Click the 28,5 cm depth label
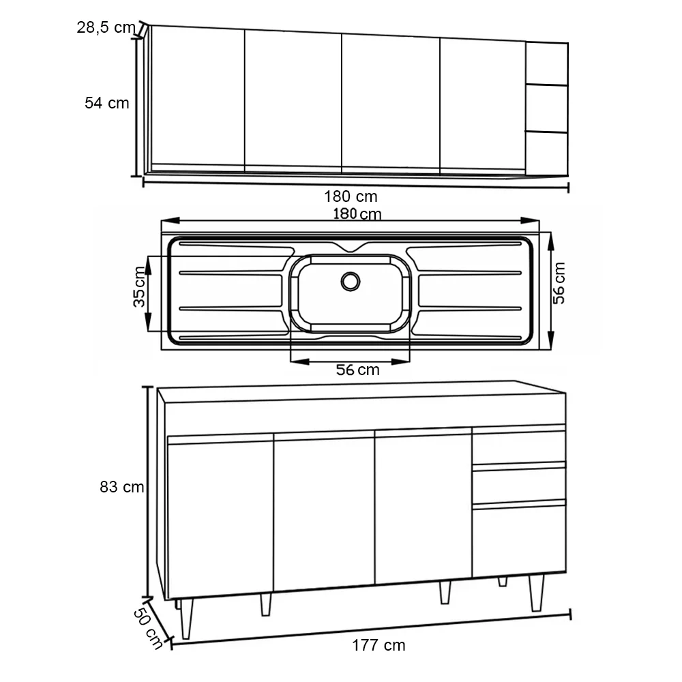click(106, 27)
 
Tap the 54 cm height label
click(107, 103)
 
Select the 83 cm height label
click(122, 487)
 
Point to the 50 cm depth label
click(148, 629)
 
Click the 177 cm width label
click(379, 645)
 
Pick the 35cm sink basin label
click(139, 286)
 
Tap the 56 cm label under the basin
click(357, 370)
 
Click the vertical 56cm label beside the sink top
click(559, 283)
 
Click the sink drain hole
click(351, 282)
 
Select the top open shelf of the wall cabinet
click(547, 63)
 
